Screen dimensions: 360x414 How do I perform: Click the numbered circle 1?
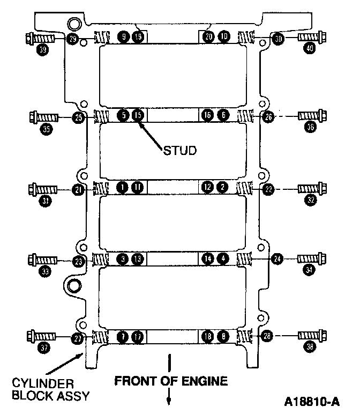click(123, 187)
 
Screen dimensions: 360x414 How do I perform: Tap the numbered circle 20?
click(209, 36)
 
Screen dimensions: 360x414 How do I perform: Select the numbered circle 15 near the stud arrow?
click(138, 115)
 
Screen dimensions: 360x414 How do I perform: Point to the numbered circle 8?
click(223, 337)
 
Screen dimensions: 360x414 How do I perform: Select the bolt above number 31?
click(43, 189)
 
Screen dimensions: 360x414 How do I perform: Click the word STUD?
click(179, 151)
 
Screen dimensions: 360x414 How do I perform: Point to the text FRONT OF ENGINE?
click(171, 381)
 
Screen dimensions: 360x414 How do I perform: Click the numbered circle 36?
click(309, 128)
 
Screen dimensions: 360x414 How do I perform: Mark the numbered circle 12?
click(208, 187)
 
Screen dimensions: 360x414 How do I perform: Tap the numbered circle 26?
click(269, 116)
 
